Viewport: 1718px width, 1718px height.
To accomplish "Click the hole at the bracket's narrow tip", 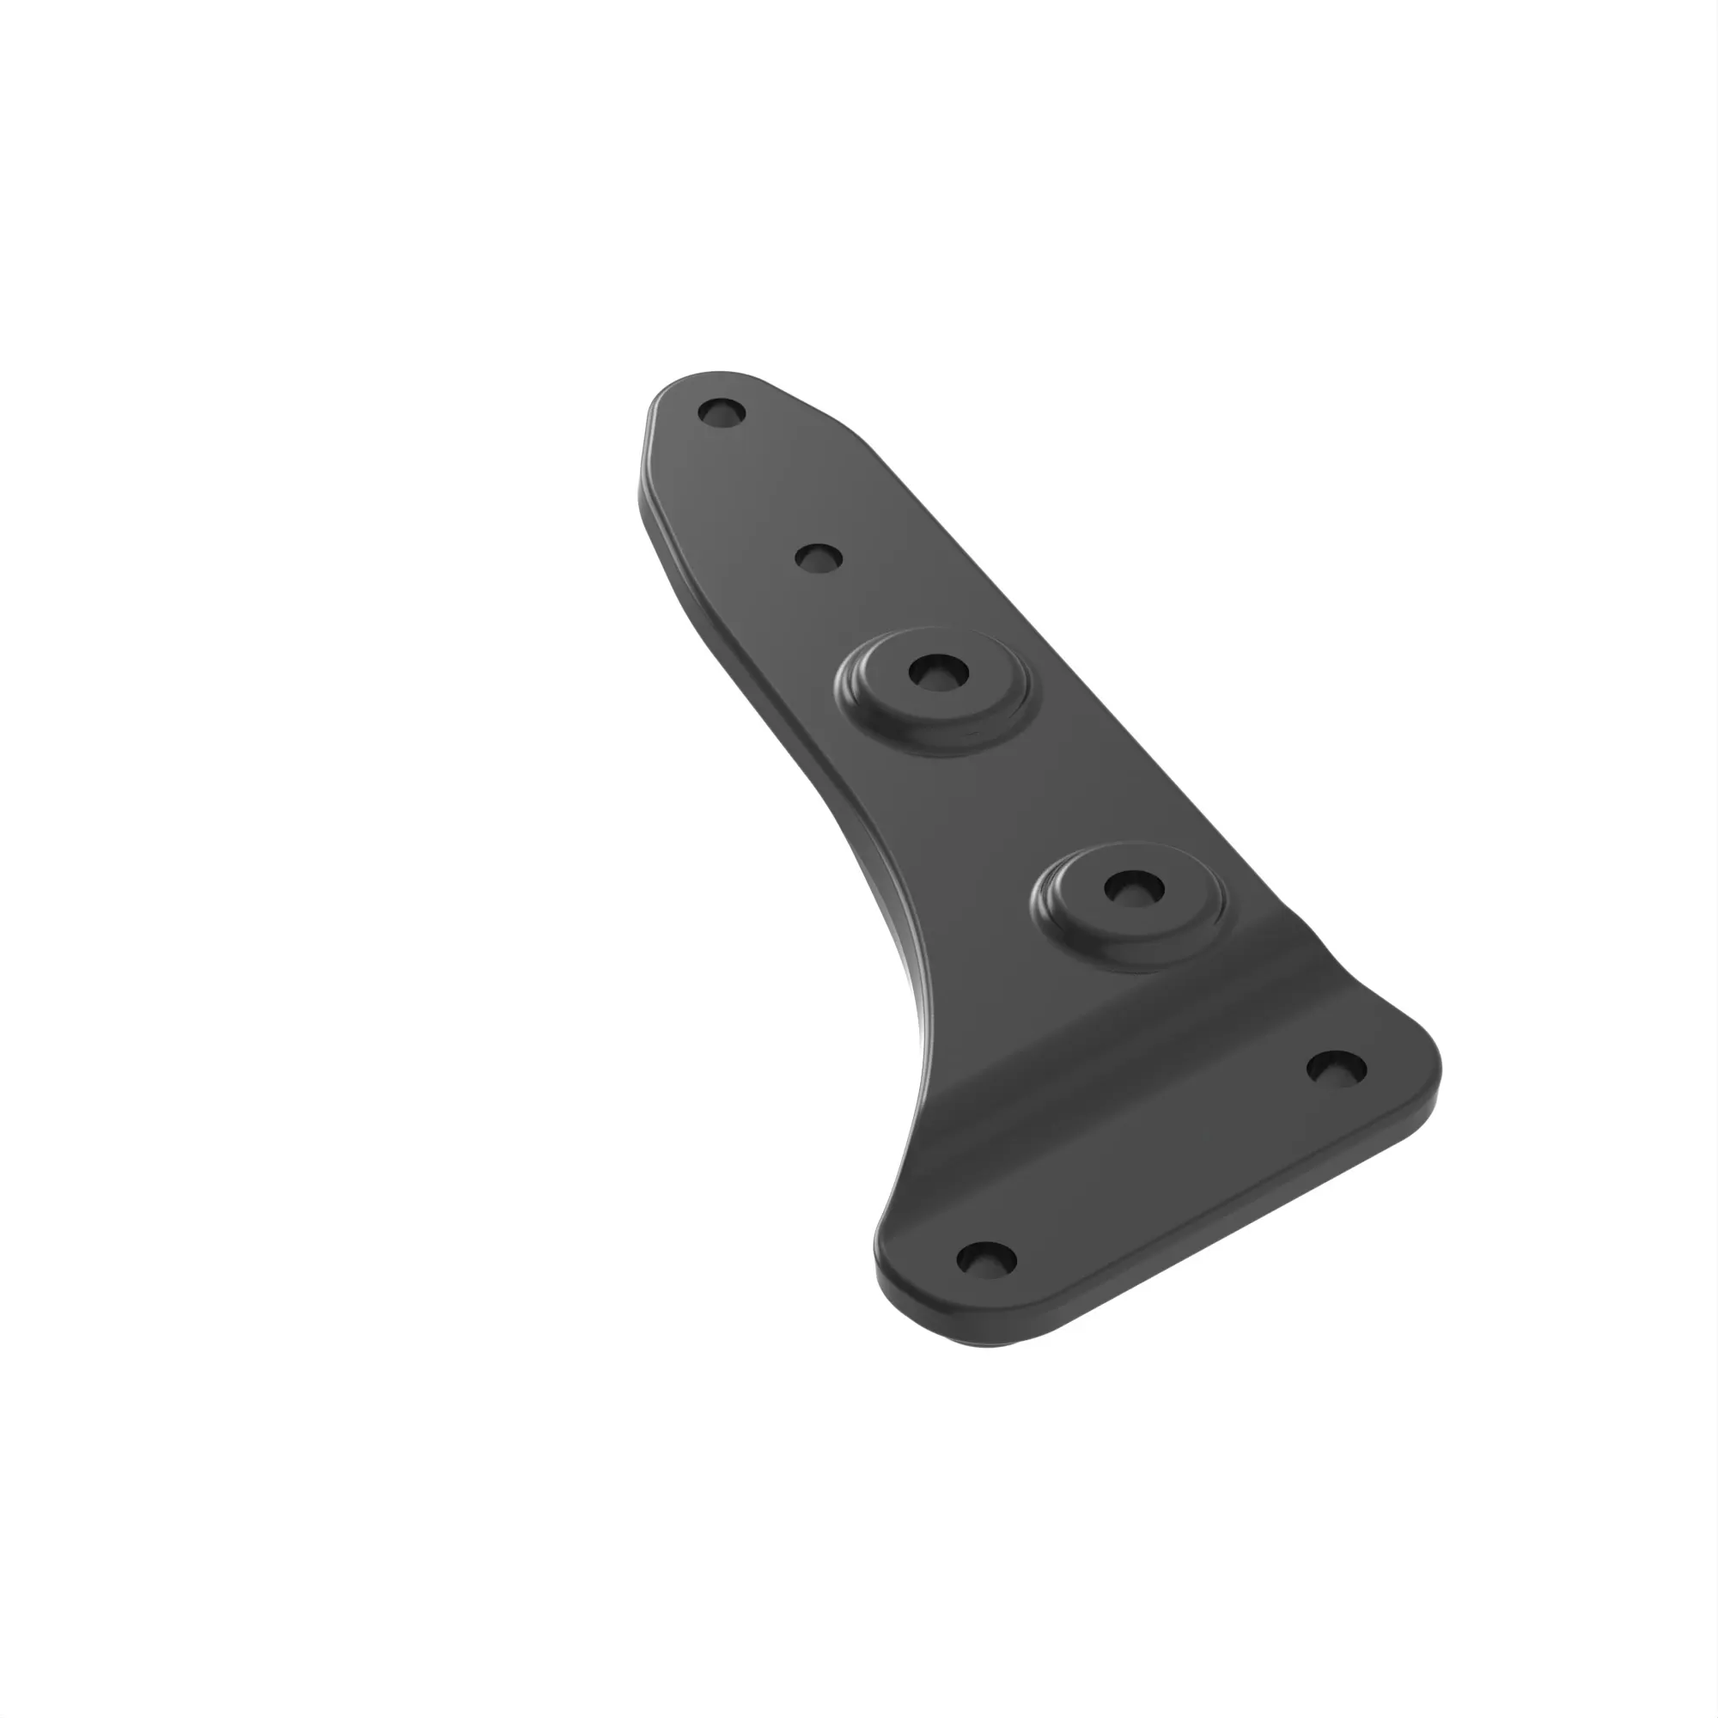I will coord(722,412).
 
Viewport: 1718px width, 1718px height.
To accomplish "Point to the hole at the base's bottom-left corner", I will coord(986,1258).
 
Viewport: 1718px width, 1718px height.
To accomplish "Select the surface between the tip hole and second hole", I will coord(765,484).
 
